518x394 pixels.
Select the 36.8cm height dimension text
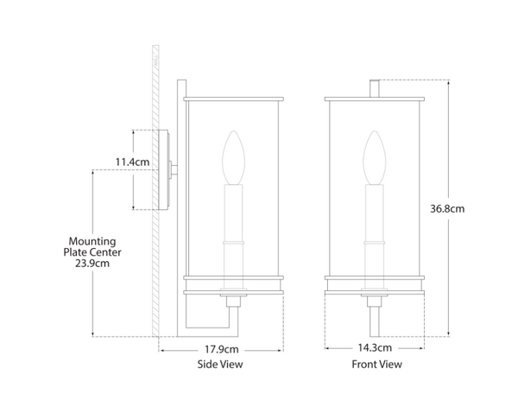(x=447, y=209)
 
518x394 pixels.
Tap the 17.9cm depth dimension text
(x=222, y=349)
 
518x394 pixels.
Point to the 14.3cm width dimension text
(x=376, y=349)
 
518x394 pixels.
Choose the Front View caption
(x=376, y=365)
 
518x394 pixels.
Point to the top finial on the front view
(x=375, y=88)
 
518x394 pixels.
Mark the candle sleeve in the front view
(x=375, y=225)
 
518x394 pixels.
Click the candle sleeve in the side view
(x=231, y=225)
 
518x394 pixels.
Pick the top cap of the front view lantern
(x=375, y=98)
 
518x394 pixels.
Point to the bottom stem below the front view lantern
(x=375, y=320)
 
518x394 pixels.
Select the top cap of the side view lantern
(x=234, y=98)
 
